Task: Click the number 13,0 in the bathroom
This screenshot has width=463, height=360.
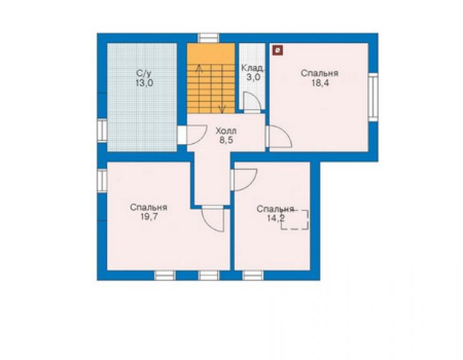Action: [145, 83]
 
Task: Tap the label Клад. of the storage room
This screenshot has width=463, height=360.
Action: [253, 68]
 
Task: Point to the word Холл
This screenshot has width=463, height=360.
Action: [226, 131]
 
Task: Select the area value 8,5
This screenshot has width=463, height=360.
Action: [226, 140]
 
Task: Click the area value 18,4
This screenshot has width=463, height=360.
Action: [320, 83]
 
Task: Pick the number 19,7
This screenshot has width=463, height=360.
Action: [149, 217]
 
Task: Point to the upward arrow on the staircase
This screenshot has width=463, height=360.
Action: [200, 89]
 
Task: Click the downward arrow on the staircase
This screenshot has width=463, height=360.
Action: [222, 89]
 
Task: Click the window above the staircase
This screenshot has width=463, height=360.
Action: [208, 38]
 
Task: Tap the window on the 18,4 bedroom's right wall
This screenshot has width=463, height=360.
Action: [374, 96]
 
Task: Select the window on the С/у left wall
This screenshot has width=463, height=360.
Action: [102, 130]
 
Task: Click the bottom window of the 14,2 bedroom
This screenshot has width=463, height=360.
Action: [253, 275]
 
